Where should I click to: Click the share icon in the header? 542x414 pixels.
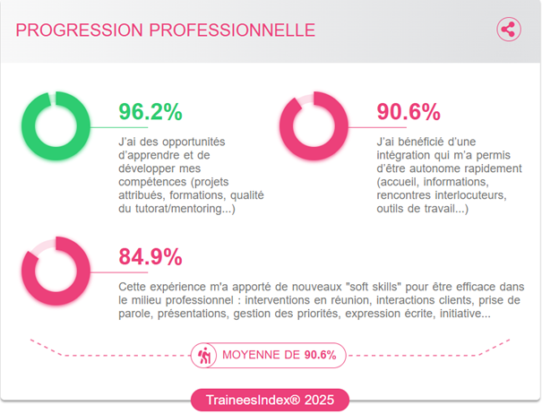coord(509,29)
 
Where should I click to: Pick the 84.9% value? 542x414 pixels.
coord(151,257)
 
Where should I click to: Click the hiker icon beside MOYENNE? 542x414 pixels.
coord(205,355)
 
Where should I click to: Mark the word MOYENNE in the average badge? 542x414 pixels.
coord(260,355)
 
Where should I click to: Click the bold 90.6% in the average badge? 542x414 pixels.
coord(321,355)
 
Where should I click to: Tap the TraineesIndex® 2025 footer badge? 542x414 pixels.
coord(270,400)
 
